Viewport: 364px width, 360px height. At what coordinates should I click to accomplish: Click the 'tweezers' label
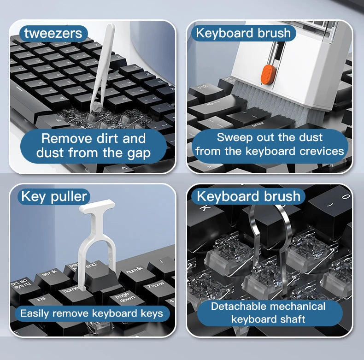[53, 33]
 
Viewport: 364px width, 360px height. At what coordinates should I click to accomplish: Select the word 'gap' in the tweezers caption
[138, 153]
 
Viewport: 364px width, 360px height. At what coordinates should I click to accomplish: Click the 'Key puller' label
[54, 197]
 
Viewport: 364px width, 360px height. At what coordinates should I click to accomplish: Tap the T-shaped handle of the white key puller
[97, 207]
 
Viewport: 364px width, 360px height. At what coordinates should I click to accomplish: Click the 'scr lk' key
[50, 274]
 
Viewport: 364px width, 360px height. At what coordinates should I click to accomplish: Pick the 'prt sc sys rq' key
[20, 283]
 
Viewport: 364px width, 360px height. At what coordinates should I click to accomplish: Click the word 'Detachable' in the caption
[239, 307]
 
